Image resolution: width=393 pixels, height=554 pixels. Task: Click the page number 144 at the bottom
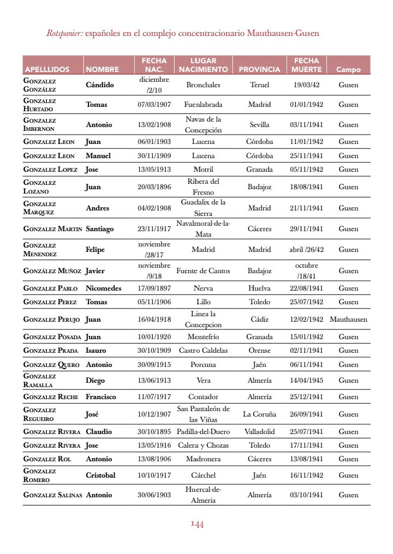197,525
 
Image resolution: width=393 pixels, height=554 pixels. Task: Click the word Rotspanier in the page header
64,33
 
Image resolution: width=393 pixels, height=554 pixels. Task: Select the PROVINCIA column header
259,69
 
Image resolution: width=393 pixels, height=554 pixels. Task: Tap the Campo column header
348,69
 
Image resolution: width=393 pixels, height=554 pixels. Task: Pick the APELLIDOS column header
47,69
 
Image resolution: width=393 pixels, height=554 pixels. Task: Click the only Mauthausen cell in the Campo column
348,319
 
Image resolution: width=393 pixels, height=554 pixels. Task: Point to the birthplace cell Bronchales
203,85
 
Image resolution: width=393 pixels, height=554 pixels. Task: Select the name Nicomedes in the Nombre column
104,288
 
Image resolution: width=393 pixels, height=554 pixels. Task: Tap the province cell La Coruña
259,414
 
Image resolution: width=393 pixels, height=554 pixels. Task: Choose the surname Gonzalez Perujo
52,319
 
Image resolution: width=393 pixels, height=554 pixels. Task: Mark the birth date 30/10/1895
154,431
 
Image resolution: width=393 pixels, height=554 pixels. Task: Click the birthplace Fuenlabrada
203,104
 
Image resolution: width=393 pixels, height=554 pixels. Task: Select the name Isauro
96,350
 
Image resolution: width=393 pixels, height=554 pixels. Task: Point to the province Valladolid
259,431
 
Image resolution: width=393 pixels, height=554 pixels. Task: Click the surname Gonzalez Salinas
53,495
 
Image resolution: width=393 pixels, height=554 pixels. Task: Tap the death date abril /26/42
306,249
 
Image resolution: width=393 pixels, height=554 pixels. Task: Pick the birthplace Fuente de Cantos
203,270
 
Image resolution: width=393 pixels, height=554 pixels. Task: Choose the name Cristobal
100,475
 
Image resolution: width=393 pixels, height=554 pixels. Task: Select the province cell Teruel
259,85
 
